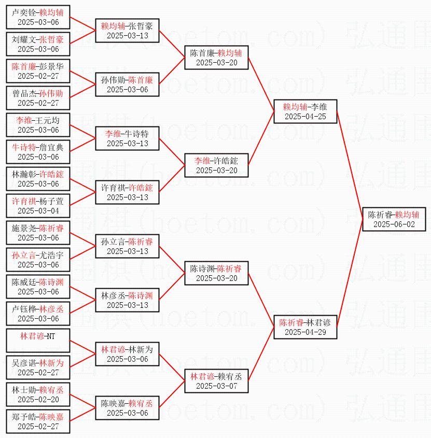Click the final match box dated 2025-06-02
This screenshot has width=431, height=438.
click(394, 219)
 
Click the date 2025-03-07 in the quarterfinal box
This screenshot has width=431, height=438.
click(216, 386)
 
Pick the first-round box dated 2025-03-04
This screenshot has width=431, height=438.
click(38, 206)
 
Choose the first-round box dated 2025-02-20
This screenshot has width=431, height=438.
click(38, 394)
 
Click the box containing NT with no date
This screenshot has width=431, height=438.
click(38, 341)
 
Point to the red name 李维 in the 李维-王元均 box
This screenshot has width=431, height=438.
click(23, 120)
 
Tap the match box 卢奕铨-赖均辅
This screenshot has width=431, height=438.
click(38, 17)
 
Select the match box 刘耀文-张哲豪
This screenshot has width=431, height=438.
click(38, 44)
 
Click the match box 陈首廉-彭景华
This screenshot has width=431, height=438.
click(38, 71)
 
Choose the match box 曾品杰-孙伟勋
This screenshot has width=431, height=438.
click(38, 98)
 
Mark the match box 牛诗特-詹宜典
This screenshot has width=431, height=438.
click(38, 152)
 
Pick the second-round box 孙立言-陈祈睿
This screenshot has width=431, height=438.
click(127, 246)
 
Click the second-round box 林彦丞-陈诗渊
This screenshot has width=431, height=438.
click(127, 300)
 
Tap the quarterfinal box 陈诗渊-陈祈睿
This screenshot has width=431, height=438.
click(216, 273)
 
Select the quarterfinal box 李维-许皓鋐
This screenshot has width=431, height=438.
click(216, 165)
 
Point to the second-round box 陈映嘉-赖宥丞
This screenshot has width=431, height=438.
click(127, 408)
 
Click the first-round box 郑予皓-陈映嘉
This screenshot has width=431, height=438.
click(38, 421)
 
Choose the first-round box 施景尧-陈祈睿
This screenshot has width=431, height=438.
click(38, 233)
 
